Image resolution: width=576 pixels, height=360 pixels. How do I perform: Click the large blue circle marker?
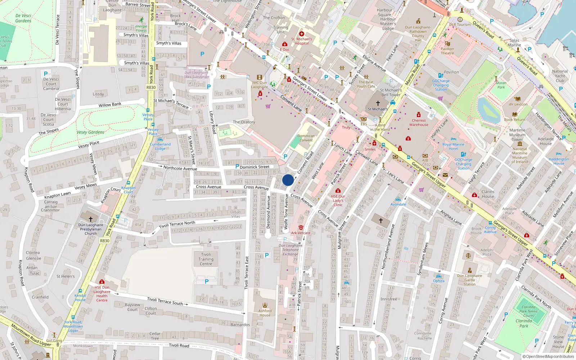(x=288, y=180)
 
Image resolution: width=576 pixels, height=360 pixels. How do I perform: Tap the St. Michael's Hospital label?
(x=302, y=41)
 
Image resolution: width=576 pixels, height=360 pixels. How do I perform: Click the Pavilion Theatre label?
(x=447, y=51)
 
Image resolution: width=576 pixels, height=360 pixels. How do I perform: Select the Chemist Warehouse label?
(x=419, y=123)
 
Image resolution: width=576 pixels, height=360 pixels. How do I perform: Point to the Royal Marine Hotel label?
(x=453, y=147)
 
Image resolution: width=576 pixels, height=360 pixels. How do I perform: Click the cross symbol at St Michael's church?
(x=378, y=103)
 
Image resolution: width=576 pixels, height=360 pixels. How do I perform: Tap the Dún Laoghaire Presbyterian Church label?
(x=91, y=229)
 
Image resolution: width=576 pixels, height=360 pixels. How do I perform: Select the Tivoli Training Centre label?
(x=206, y=259)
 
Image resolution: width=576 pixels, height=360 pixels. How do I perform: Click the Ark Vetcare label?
(x=301, y=233)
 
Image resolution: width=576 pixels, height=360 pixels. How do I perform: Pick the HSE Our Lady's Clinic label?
(x=338, y=201)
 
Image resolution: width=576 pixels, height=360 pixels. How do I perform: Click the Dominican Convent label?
(x=306, y=138)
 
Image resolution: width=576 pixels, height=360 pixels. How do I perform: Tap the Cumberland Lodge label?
(x=160, y=147)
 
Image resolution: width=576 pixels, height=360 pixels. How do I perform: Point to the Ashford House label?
(x=265, y=313)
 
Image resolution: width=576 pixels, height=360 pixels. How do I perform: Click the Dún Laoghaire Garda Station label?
(x=469, y=280)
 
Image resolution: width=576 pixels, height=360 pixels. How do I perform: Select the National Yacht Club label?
(x=560, y=76)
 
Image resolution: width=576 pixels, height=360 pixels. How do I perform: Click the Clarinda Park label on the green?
(x=524, y=323)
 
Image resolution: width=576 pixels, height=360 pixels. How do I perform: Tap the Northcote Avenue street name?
(x=180, y=168)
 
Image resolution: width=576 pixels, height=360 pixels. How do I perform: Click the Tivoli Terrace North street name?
(x=177, y=224)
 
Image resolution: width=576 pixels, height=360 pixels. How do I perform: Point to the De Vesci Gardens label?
(x=23, y=18)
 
